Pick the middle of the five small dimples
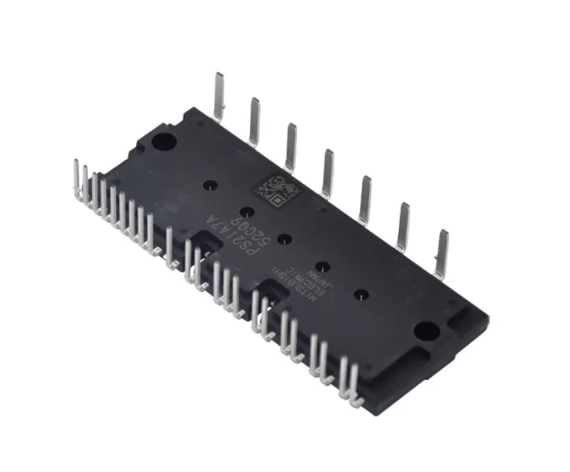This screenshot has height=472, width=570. [283, 239]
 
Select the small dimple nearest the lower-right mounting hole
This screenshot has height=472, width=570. [358, 292]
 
